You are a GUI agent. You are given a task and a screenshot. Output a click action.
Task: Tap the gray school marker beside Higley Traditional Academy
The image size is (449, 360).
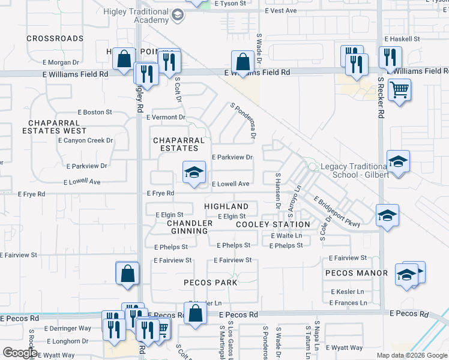(177, 15)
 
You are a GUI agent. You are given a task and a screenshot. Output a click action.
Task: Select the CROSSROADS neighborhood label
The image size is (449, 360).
(55, 38)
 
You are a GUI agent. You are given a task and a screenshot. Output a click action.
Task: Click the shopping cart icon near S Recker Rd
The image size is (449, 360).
(399, 91)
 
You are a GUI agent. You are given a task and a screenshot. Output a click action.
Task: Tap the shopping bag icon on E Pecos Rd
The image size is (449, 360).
(195, 314)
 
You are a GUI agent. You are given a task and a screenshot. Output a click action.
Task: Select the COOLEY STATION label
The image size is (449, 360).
(273, 224)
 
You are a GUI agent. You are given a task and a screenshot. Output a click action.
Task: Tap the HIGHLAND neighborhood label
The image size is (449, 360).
(226, 206)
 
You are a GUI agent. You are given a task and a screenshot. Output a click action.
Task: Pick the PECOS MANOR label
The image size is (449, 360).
(357, 273)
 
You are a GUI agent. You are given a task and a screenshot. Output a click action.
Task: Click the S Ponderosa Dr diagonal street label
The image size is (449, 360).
(243, 121)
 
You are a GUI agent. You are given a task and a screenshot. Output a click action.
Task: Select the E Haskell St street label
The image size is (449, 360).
(402, 38)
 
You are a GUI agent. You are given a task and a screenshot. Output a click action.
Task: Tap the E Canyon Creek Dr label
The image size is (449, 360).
(85, 140)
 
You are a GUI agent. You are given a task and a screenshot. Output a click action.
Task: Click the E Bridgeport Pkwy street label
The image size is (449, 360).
(336, 212)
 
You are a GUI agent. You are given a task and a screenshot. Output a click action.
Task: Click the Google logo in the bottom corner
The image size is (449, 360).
(20, 353)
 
